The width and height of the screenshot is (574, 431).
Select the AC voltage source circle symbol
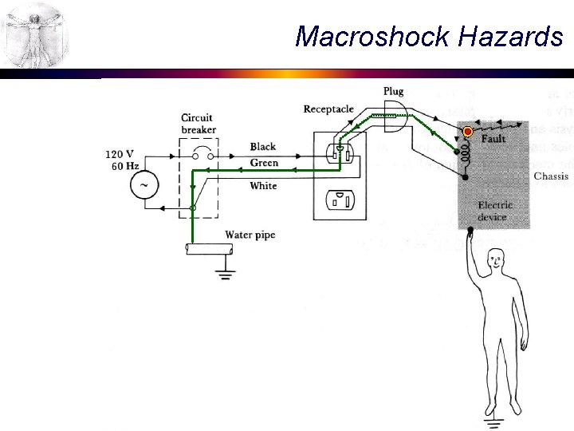click(x=144, y=185)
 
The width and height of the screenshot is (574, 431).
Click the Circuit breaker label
click(x=197, y=125)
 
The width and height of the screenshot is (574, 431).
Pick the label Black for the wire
click(x=263, y=147)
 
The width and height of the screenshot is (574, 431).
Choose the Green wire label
click(x=264, y=163)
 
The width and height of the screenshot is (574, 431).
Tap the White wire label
click(x=264, y=186)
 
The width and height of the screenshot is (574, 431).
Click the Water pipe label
click(x=250, y=235)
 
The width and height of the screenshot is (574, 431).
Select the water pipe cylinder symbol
click(x=208, y=249)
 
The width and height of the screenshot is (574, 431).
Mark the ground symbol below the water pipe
click(x=226, y=275)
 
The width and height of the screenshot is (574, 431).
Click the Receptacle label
click(x=328, y=109)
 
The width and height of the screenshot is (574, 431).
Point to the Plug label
click(x=393, y=92)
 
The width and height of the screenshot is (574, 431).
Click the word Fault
click(x=493, y=139)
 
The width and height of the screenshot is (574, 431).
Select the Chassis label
click(x=551, y=176)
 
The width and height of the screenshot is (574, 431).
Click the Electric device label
click(x=495, y=211)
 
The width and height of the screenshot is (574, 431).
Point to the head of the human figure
click(x=497, y=260)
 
